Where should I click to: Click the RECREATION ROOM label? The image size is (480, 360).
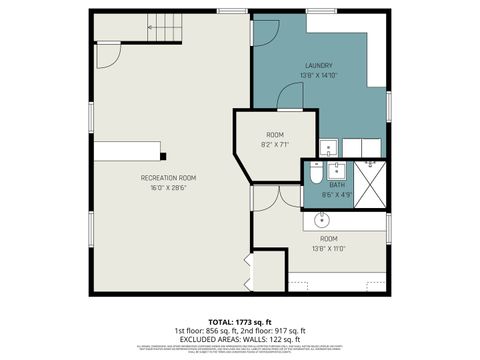(168, 177)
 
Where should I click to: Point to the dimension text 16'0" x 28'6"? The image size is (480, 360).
(168, 187)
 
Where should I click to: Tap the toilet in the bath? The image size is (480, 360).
(314, 175)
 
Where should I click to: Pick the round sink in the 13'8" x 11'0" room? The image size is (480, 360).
(325, 219)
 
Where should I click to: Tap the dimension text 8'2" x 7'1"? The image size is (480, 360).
(275, 144)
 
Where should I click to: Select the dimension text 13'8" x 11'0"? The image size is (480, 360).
(329, 249)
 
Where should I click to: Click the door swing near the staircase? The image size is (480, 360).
(108, 49)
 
